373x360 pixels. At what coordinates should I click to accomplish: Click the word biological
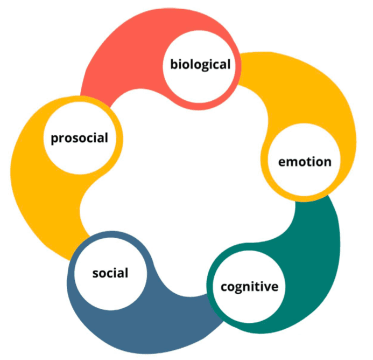[200, 65]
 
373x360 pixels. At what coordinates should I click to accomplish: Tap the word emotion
[305, 161]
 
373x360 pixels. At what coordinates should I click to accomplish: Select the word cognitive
[250, 286]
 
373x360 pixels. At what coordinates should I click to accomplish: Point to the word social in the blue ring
[110, 273]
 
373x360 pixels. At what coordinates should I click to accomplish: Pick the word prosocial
[79, 138]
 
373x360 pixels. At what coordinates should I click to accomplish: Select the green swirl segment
[318, 243]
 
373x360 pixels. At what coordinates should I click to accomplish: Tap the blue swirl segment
[161, 329]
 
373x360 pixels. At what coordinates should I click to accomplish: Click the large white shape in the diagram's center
[188, 178]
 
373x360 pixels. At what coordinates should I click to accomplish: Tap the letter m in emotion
[291, 162]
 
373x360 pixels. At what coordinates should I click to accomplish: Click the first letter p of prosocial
[54, 139]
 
